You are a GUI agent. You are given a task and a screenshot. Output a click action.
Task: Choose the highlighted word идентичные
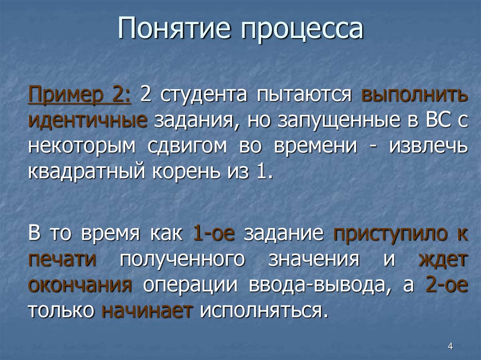coord(88,121)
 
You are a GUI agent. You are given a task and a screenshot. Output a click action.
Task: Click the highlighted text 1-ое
coord(214,234)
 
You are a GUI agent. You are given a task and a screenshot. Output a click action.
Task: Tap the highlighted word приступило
coord(384,234)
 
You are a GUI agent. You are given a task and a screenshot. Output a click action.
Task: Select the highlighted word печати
coord(62,260)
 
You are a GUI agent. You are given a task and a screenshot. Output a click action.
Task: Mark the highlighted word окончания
coord(80,285)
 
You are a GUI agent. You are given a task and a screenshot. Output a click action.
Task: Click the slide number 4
coord(450,347)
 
